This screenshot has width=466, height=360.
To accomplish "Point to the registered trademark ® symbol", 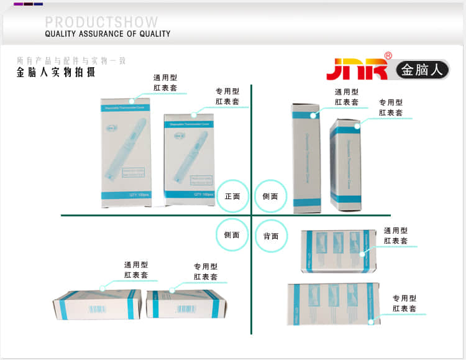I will (388, 56).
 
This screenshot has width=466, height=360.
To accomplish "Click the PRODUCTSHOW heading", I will (101, 22).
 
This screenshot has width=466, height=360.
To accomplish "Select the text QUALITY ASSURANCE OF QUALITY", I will (107, 34).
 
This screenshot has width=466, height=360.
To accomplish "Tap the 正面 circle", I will (232, 196).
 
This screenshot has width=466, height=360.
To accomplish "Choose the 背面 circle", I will (271, 236).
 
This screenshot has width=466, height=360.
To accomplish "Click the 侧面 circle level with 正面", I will (271, 196).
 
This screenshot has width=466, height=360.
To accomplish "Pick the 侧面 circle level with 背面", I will (232, 235).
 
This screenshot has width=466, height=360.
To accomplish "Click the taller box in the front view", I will (126, 152).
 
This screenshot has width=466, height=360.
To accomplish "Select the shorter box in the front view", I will (189, 159).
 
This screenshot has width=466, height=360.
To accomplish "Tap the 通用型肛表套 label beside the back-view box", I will (396, 236).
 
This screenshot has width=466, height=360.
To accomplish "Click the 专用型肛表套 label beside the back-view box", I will (404, 303).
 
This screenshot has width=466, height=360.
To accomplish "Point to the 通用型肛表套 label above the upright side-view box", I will (347, 97).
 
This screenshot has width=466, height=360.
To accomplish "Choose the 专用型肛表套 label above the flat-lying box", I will (206, 272).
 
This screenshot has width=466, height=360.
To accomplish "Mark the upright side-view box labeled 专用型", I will (345, 164).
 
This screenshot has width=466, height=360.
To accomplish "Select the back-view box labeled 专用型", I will (334, 303).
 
